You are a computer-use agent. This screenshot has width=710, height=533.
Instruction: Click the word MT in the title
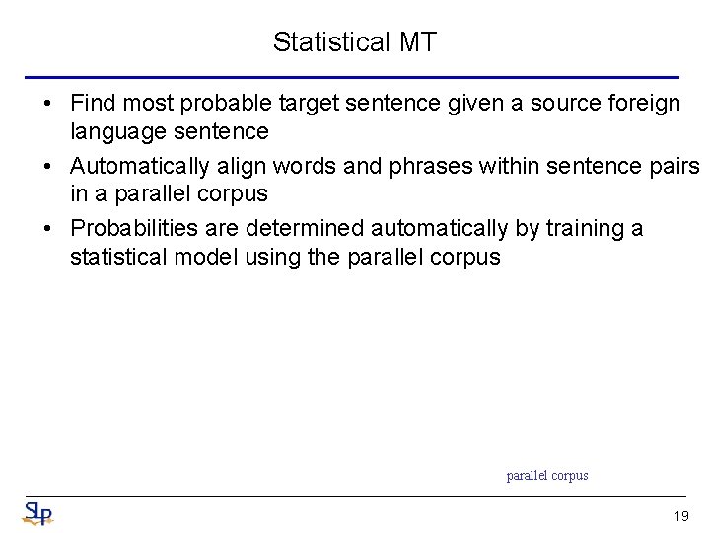(x=418, y=42)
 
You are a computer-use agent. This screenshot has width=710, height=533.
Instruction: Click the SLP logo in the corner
(x=38, y=513)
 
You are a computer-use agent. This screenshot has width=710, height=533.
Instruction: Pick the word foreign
(x=641, y=103)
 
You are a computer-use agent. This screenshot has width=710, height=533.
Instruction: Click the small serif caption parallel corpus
(x=547, y=476)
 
